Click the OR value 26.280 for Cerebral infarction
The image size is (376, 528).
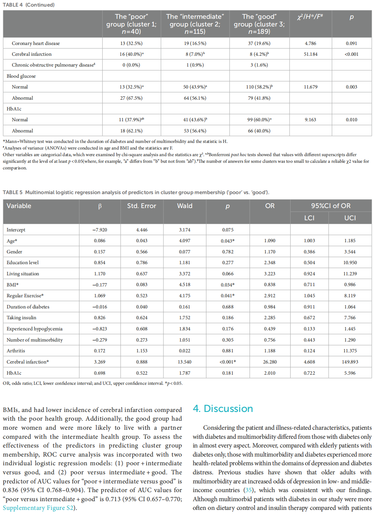pyautogui.click(x=270, y=362)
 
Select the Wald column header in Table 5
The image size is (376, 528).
pyautogui.click(x=185, y=206)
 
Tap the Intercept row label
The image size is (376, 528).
pyautogui.click(x=16, y=230)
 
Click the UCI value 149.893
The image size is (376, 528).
pyautogui.click(x=350, y=362)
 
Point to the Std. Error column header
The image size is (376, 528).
pyautogui.click(x=141, y=206)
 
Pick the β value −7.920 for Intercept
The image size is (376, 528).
pyautogui.click(x=100, y=230)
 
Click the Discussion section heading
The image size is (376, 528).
pyautogui.click(x=223, y=408)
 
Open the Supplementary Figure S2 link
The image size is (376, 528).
pyautogui.click(x=38, y=508)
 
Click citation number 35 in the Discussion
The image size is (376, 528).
pyautogui.click(x=249, y=490)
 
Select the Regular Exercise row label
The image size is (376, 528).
pyautogui.click(x=25, y=296)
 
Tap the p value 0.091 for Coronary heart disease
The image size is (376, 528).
pyautogui.click(x=351, y=43)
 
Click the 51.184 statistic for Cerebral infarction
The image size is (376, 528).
pyautogui.click(x=310, y=54)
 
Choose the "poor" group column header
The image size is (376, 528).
pyautogui.click(x=131, y=24)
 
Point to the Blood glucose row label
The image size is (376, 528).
pyautogui.click(x=21, y=76)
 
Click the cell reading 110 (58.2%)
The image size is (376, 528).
pyautogui.click(x=259, y=87)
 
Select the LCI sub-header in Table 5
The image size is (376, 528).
pyautogui.click(x=309, y=218)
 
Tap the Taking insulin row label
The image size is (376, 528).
pyautogui.click(x=22, y=317)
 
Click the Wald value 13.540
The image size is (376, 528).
pyautogui.click(x=185, y=362)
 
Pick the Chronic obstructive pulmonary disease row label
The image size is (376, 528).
pyautogui.click(x=53, y=65)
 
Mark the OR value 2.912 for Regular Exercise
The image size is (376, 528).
pyautogui.click(x=270, y=296)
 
